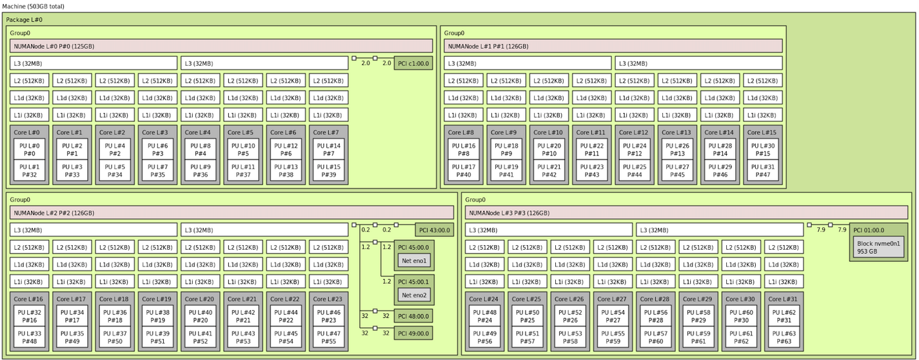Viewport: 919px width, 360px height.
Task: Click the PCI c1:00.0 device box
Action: pos(413,63)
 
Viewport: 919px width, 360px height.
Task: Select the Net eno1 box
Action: pos(413,261)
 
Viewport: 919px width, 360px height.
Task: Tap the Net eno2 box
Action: pos(413,295)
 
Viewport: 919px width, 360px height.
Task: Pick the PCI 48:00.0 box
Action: pos(413,315)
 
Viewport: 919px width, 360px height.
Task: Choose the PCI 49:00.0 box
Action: pos(413,333)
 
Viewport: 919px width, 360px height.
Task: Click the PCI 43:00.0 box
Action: pos(434,230)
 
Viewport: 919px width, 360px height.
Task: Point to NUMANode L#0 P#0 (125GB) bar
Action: pos(221,46)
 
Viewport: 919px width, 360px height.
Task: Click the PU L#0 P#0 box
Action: pos(30,150)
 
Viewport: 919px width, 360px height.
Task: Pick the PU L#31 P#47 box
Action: pos(762,170)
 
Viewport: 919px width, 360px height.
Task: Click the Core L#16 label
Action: pos(30,299)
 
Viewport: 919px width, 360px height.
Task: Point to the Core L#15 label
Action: pos(762,132)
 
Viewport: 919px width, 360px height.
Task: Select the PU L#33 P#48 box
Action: pos(30,337)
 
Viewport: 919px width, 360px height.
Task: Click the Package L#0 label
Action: pos(25,20)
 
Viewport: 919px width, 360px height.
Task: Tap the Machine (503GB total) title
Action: pos(33,6)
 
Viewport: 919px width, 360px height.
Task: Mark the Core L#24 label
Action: pos(484,299)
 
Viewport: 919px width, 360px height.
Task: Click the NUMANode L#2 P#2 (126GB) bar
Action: pos(232,213)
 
